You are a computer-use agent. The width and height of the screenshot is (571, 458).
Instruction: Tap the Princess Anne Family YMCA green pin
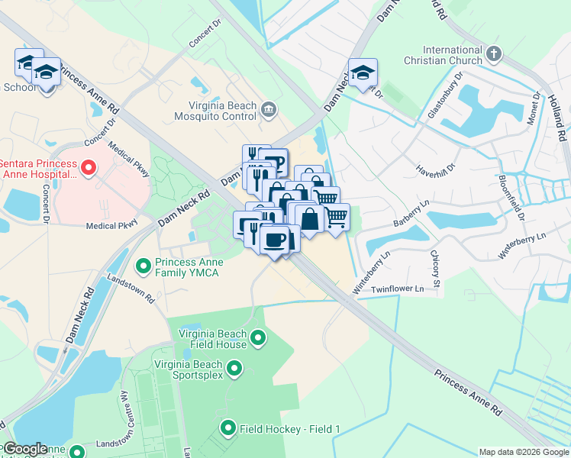pyautogui.click(x=143, y=266)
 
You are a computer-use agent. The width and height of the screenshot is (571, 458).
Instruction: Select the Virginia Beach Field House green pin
pyautogui.click(x=258, y=337)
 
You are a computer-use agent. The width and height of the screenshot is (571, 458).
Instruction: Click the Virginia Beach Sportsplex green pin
pyautogui.click(x=234, y=369)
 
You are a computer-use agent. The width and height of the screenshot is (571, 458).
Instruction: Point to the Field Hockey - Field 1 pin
pyautogui.click(x=227, y=428)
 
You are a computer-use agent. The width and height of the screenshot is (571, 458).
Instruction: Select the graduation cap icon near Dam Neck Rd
pyautogui.click(x=363, y=73)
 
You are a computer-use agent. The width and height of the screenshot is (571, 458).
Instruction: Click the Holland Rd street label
pyautogui.click(x=556, y=114)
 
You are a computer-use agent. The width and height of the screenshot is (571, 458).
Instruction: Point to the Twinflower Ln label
pyautogui.click(x=397, y=289)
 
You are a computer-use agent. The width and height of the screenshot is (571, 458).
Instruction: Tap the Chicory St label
pyautogui.click(x=435, y=269)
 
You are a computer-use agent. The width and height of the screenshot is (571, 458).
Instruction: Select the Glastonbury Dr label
pyautogui.click(x=446, y=96)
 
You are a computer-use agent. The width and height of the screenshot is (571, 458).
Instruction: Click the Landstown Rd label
pyautogui.click(x=131, y=286)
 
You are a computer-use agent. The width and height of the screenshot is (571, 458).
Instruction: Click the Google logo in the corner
pyautogui.click(x=24, y=449)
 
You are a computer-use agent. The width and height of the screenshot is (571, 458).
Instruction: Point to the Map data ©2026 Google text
pyautogui.click(x=523, y=452)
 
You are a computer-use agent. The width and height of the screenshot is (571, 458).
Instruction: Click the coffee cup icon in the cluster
pyautogui.click(x=274, y=239)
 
